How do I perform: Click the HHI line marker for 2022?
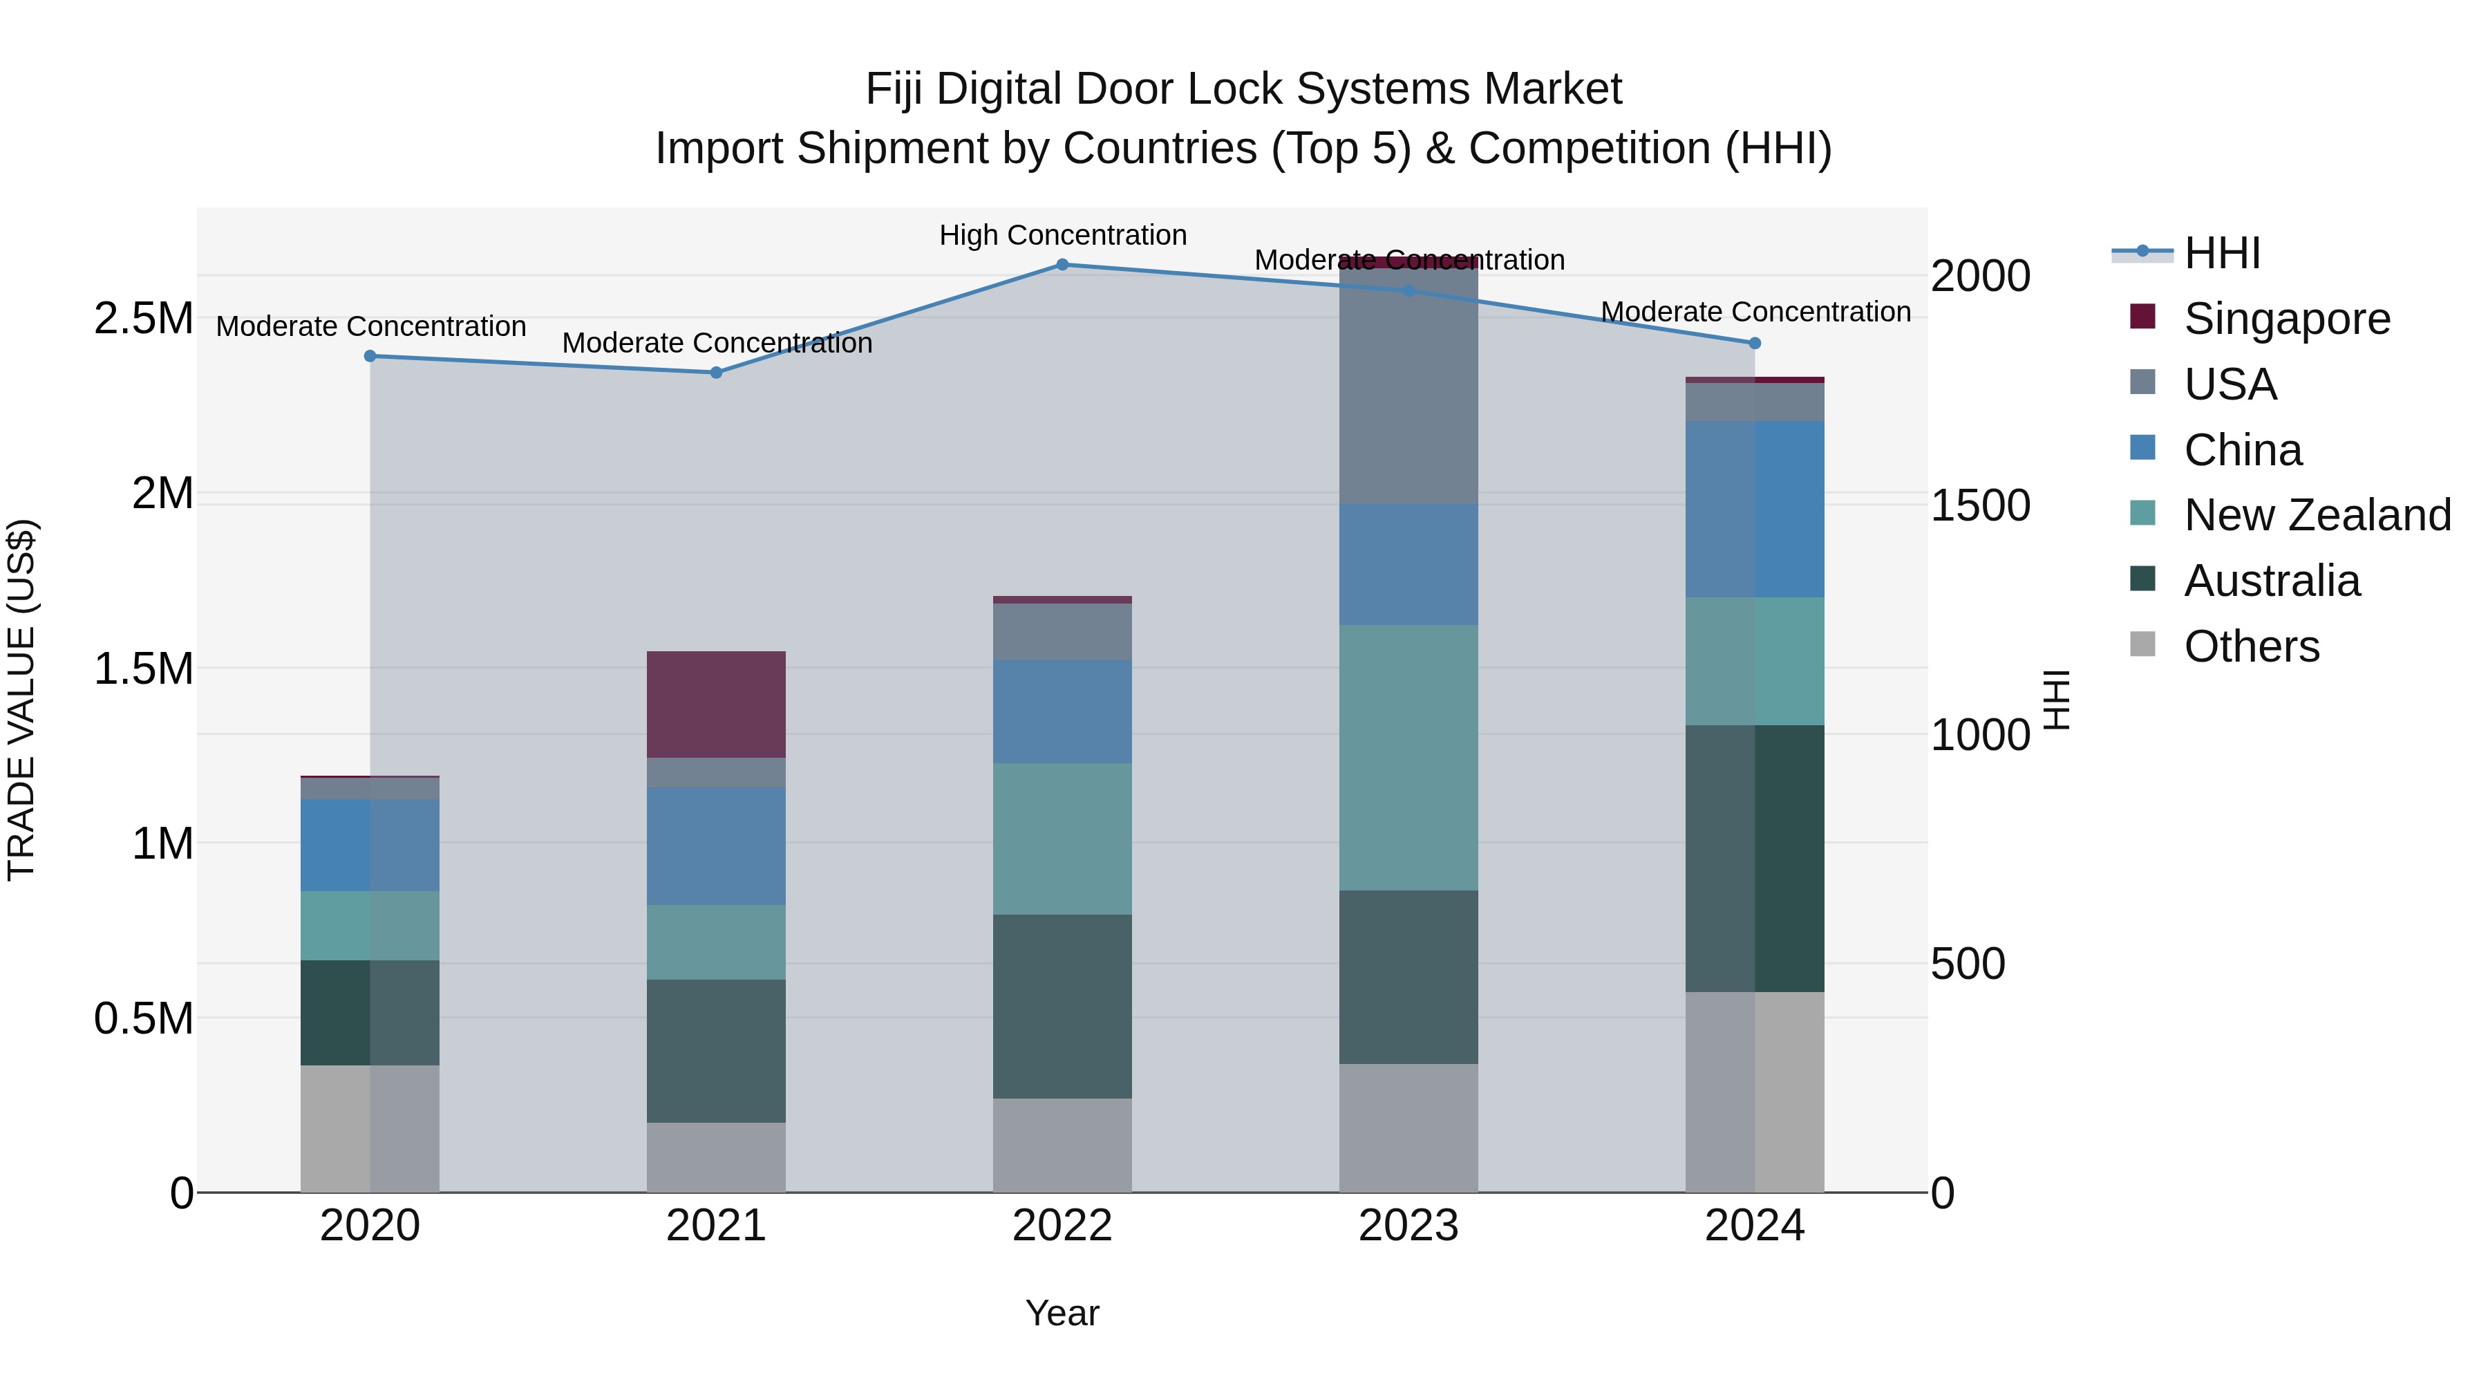pos(1062,265)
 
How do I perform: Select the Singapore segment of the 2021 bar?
pos(716,704)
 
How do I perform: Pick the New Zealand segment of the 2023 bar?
pos(1408,758)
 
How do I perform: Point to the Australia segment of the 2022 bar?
pos(1062,1006)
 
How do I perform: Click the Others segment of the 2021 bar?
pos(716,1157)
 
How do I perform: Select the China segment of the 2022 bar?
pos(1062,711)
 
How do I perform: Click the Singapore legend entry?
pos(2286,319)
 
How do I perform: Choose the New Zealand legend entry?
pos(2316,515)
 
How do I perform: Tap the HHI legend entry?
pos(2221,253)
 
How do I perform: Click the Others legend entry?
pos(2250,646)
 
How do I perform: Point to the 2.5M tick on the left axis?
pos(143,319)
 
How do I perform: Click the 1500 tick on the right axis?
pos(1980,505)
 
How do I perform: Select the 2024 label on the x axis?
pos(1754,1226)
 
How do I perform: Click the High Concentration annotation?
pos(1062,235)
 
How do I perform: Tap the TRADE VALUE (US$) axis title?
pos(21,700)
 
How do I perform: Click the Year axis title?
pos(1062,1313)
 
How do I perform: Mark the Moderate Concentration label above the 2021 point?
pos(717,343)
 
